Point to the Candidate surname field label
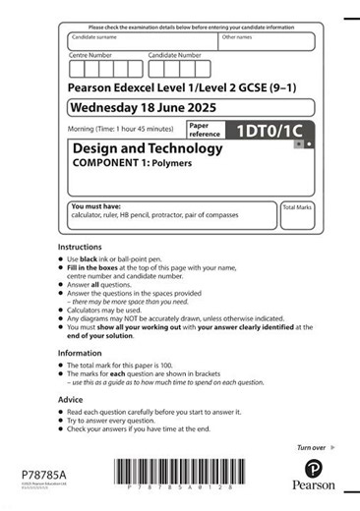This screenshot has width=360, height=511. (x=98, y=37)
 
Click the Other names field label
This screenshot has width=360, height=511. (x=237, y=37)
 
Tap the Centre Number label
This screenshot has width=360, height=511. (x=90, y=55)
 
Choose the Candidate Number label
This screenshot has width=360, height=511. (x=174, y=55)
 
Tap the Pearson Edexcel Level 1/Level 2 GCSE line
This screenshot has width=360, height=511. (x=174, y=87)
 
